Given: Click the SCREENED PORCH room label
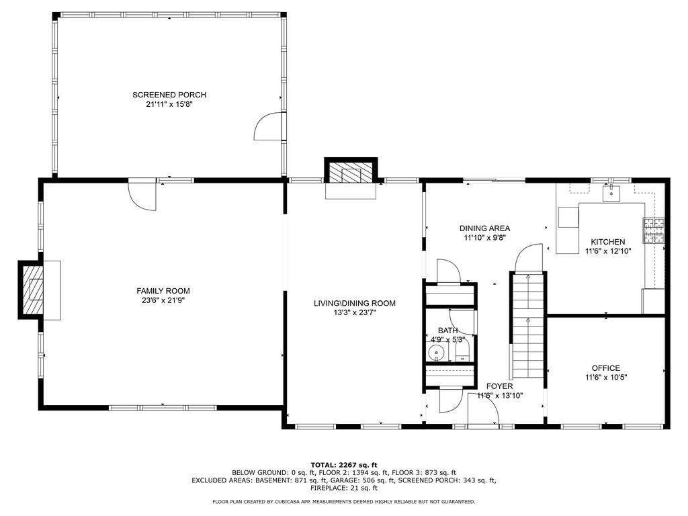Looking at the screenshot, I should [169, 95].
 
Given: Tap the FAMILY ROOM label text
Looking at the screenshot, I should [163, 291].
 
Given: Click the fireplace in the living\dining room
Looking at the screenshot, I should [351, 173].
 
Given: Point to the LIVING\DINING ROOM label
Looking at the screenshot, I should [354, 303].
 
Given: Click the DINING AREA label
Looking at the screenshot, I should [484, 228].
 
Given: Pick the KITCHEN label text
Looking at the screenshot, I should [607, 242].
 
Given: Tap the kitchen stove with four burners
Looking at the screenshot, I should [654, 230].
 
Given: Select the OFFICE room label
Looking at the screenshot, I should [605, 368].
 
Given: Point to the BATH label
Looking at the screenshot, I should [447, 331].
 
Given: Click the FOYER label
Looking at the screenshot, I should [499, 386].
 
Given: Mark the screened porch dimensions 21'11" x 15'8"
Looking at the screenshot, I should [169, 104].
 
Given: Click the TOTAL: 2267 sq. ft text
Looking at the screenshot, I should [343, 465].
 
